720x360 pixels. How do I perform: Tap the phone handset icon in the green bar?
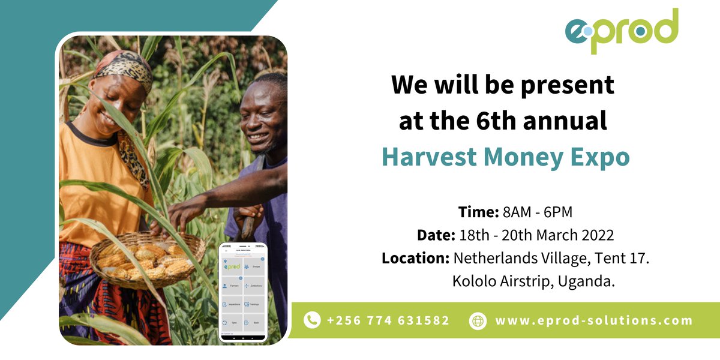pyautogui.click(x=312, y=320)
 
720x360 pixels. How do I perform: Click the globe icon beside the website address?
pyautogui.click(x=478, y=320)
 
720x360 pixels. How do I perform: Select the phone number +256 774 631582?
pyautogui.click(x=388, y=320)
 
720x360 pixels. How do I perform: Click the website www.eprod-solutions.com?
pyautogui.click(x=593, y=320)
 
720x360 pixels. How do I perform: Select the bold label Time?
pyautogui.click(x=478, y=212)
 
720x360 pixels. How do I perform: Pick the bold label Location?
pyautogui.click(x=416, y=259)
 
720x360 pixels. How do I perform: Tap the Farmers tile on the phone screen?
pyautogui.click(x=232, y=285)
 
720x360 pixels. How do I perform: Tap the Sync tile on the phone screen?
pyautogui.click(x=232, y=322)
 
